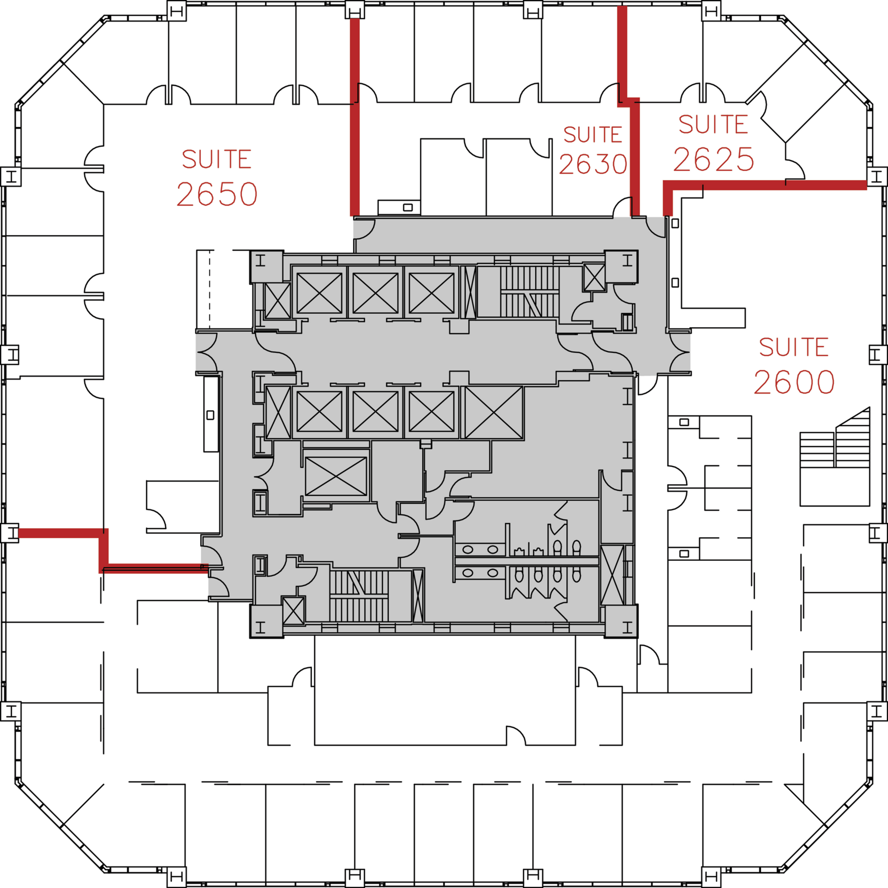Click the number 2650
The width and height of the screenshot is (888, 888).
pyautogui.click(x=217, y=194)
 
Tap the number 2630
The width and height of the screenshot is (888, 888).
pyautogui.click(x=593, y=164)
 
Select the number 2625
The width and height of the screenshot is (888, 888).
pyautogui.click(x=714, y=159)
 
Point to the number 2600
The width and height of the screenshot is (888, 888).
pyautogui.click(x=794, y=382)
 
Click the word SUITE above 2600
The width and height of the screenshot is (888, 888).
pyautogui.click(x=794, y=347)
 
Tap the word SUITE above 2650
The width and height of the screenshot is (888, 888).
pyautogui.click(x=217, y=159)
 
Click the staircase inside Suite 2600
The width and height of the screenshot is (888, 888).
pyautogui.click(x=835, y=456)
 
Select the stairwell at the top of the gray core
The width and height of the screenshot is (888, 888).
pyautogui.click(x=529, y=292)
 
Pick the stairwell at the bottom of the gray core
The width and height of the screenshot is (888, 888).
pyautogui.click(x=359, y=596)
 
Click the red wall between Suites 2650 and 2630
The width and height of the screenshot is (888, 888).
pyautogui.click(x=355, y=117)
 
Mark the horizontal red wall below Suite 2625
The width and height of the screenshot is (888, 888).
pyautogui.click(x=765, y=185)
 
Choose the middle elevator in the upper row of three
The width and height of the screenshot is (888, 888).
pyautogui.click(x=375, y=293)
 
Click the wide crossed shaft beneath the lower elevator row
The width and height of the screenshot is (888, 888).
pyautogui.click(x=336, y=476)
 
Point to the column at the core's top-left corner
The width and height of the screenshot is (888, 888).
pyautogui.click(x=266, y=267)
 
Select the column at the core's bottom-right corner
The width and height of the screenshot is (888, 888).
pyautogui.click(x=621, y=621)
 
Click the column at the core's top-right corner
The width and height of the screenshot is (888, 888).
pyautogui.click(x=621, y=266)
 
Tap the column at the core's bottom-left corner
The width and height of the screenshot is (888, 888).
pyautogui.click(x=266, y=621)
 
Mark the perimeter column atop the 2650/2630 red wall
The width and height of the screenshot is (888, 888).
pyautogui.click(x=355, y=10)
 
